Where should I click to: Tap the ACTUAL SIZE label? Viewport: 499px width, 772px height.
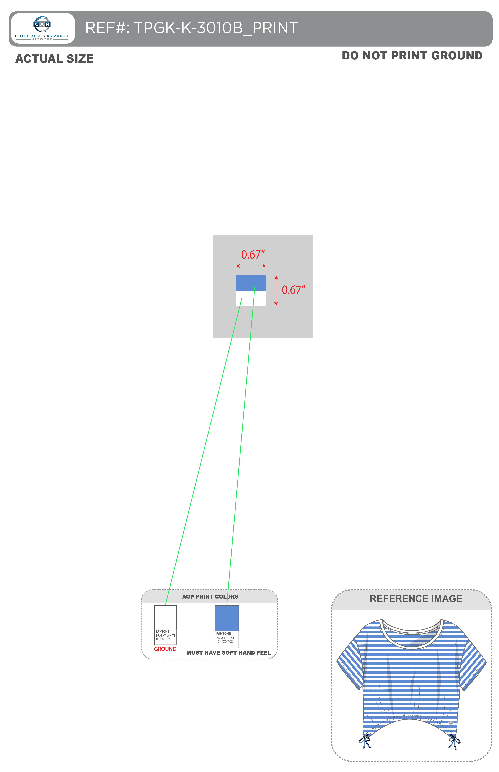tap(54, 59)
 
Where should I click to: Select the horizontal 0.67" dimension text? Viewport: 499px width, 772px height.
tap(253, 255)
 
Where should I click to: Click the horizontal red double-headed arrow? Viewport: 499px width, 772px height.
tap(251, 266)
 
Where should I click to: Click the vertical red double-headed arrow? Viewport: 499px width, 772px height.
tap(276, 291)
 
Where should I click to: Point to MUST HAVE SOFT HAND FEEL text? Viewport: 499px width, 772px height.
tap(228, 653)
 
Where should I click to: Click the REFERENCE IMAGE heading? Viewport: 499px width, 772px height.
tap(416, 599)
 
